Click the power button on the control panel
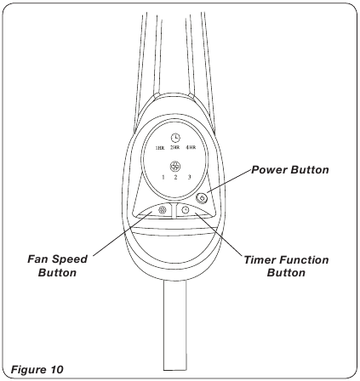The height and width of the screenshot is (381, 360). click(202, 198)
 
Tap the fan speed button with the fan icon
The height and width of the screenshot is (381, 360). click(162, 210)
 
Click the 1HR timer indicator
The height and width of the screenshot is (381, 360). click(160, 148)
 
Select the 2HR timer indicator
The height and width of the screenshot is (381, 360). click(175, 147)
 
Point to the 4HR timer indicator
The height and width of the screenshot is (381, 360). click(191, 147)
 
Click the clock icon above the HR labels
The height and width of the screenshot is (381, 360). click(175, 138)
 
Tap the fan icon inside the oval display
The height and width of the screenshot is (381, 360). click(175, 167)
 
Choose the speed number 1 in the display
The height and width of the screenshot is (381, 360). click(163, 178)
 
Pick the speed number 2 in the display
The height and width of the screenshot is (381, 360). click(175, 178)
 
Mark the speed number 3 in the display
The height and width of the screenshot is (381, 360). click(189, 177)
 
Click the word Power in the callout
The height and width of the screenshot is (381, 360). click(270, 170)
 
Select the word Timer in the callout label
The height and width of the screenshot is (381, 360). click(260, 259)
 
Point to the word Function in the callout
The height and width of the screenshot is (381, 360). click(304, 259)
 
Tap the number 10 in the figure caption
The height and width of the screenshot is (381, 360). click(56, 370)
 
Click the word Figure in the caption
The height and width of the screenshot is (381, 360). click(28, 370)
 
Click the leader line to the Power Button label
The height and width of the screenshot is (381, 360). click(228, 183)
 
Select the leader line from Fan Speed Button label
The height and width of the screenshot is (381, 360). click(122, 234)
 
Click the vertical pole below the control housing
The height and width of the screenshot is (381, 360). click(175, 326)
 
